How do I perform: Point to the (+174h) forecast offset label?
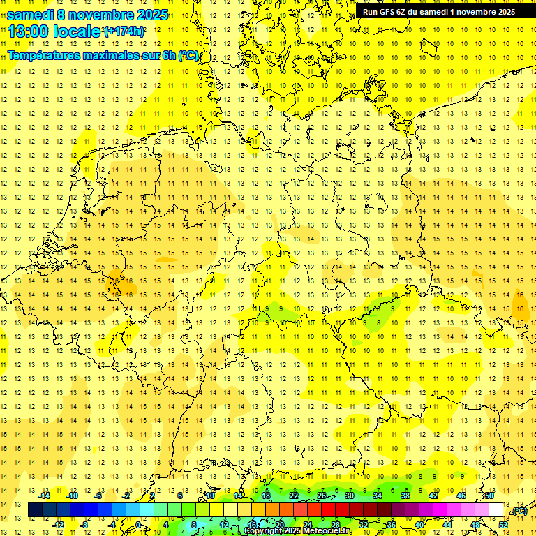click(x=124, y=31)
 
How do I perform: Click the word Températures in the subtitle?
click(x=44, y=55)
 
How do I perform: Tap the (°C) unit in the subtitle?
click(x=188, y=55)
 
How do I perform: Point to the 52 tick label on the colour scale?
click(x=503, y=525)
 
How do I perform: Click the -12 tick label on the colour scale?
click(x=58, y=525)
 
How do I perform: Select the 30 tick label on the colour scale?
click(x=350, y=496)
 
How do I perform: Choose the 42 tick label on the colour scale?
click(x=433, y=496)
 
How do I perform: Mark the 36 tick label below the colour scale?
click(x=392, y=525)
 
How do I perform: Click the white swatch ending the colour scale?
click(x=496, y=510)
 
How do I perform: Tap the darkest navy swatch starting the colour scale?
click(x=35, y=510)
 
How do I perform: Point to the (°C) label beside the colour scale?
click(x=519, y=511)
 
